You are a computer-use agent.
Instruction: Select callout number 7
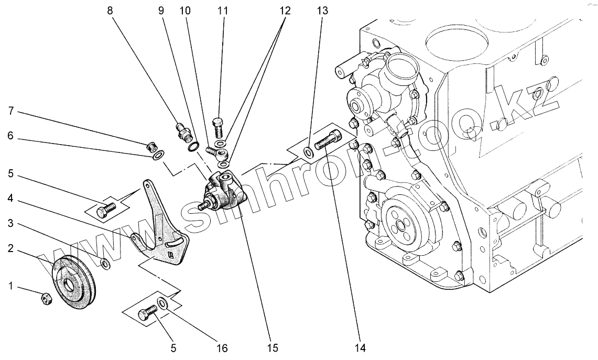(10, 112)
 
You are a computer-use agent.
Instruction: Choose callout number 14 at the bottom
(359, 347)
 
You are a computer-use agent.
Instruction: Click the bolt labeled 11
(219, 126)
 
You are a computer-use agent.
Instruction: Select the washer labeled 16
(163, 303)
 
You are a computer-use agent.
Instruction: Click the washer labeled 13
(308, 152)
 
